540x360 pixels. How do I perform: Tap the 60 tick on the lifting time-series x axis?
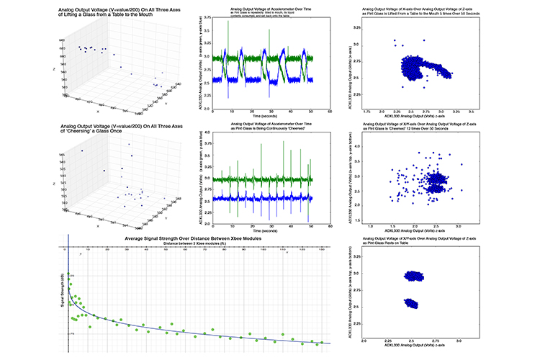329,112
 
